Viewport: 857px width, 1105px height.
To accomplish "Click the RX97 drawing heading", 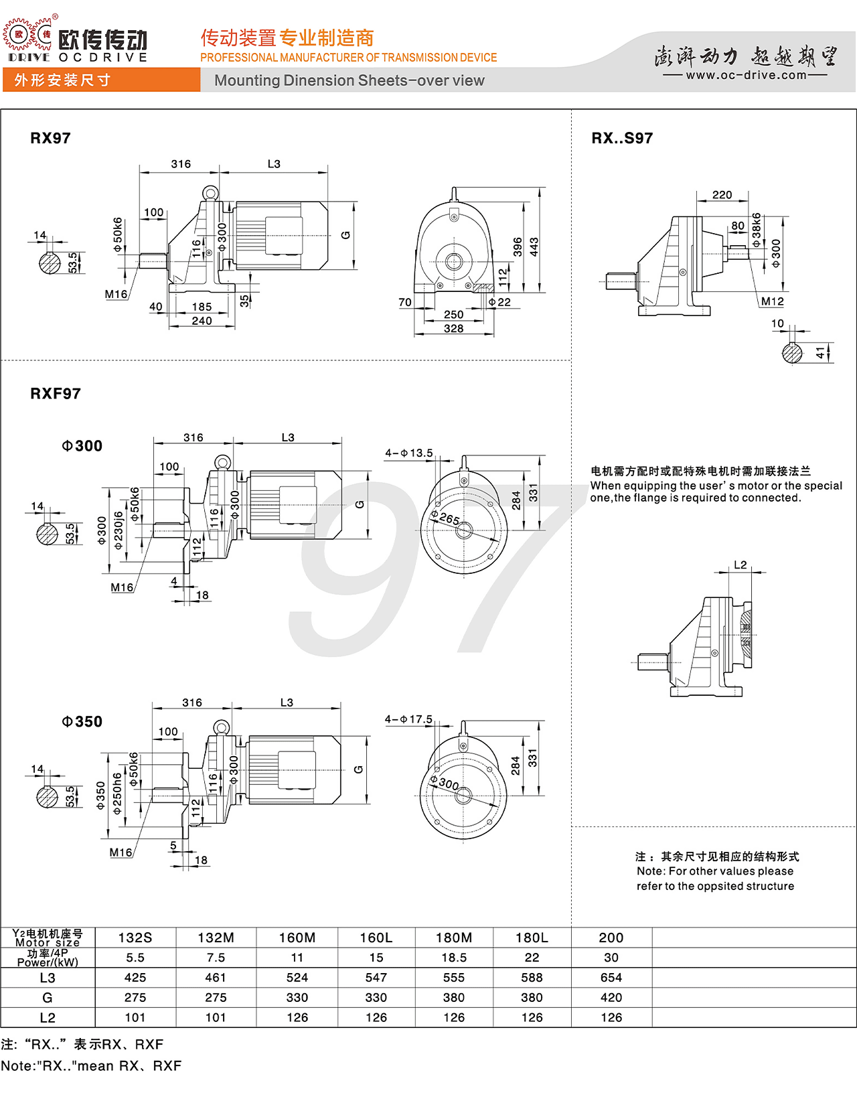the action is coord(50,139).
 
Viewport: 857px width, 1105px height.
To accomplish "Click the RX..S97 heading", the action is coord(621,139).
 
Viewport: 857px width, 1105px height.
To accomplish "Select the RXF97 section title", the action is coord(56,394).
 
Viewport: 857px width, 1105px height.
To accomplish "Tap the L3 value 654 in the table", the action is coord(611,977).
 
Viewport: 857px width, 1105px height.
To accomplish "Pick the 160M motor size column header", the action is coord(297,937).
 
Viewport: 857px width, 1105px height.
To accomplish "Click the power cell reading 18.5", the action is coord(453,958).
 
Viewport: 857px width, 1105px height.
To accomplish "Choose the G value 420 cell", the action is coord(611,997).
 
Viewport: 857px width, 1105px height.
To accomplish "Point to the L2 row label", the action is coord(48,1017).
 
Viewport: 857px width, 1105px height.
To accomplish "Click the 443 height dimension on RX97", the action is coord(534,247).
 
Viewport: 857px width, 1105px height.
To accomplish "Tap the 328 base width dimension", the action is coord(453,329).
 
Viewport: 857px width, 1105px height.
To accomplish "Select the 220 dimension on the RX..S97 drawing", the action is coord(722,195).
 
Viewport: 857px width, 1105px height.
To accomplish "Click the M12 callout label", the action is coord(772,301).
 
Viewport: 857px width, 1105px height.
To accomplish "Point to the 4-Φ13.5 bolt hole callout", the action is coord(408,453).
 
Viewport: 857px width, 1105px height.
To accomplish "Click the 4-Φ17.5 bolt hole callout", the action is coord(408,719).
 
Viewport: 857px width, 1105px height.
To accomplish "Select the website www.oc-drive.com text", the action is coord(746,75).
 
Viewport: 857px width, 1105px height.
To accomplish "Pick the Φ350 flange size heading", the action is coord(82,721).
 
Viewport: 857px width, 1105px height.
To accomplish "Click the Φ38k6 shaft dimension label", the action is coord(757,230).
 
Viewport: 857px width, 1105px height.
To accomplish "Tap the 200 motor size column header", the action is coord(611,937).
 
